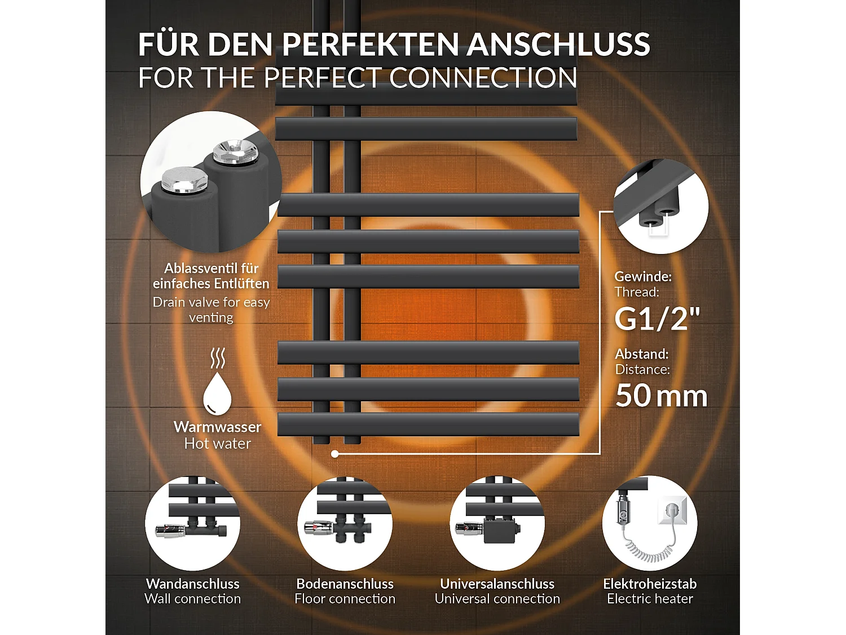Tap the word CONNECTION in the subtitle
[483, 78]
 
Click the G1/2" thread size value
[656, 318]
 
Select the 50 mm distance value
[661, 395]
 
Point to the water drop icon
[217, 393]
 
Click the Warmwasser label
[217, 427]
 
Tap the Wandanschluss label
[192, 584]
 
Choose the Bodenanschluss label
[345, 584]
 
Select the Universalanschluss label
[497, 584]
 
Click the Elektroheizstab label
[650, 584]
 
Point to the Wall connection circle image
[192, 523]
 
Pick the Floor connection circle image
[345, 523]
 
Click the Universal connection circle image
[497, 523]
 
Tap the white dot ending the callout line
[335, 454]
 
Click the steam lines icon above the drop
[217, 358]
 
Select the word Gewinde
[642, 277]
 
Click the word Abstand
[641, 354]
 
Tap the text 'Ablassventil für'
[211, 268]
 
